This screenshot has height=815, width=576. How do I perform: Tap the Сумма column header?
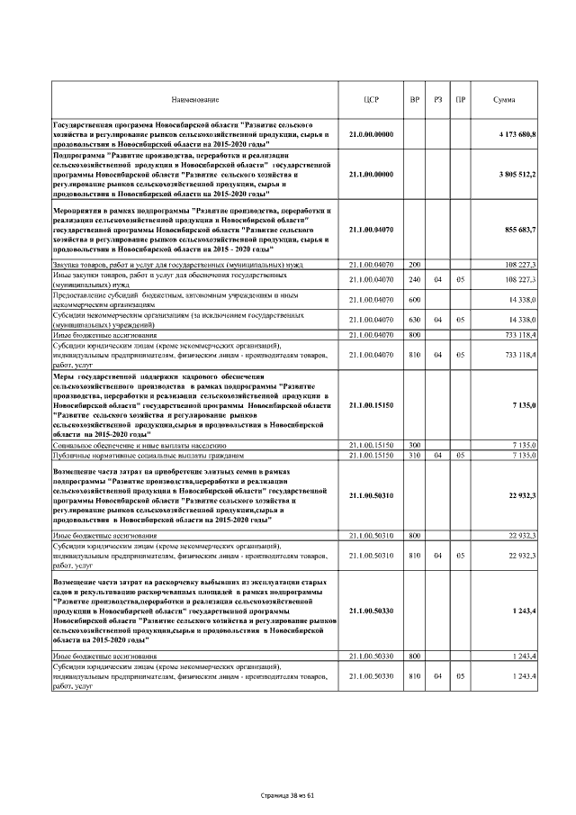pyautogui.click(x=504, y=98)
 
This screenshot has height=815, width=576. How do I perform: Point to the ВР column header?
pyautogui.click(x=414, y=98)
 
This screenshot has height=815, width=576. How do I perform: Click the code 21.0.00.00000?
pyautogui.click(x=372, y=134)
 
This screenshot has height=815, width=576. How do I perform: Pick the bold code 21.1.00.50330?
pyautogui.click(x=372, y=611)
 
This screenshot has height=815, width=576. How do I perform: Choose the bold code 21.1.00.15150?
pyautogui.click(x=372, y=405)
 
